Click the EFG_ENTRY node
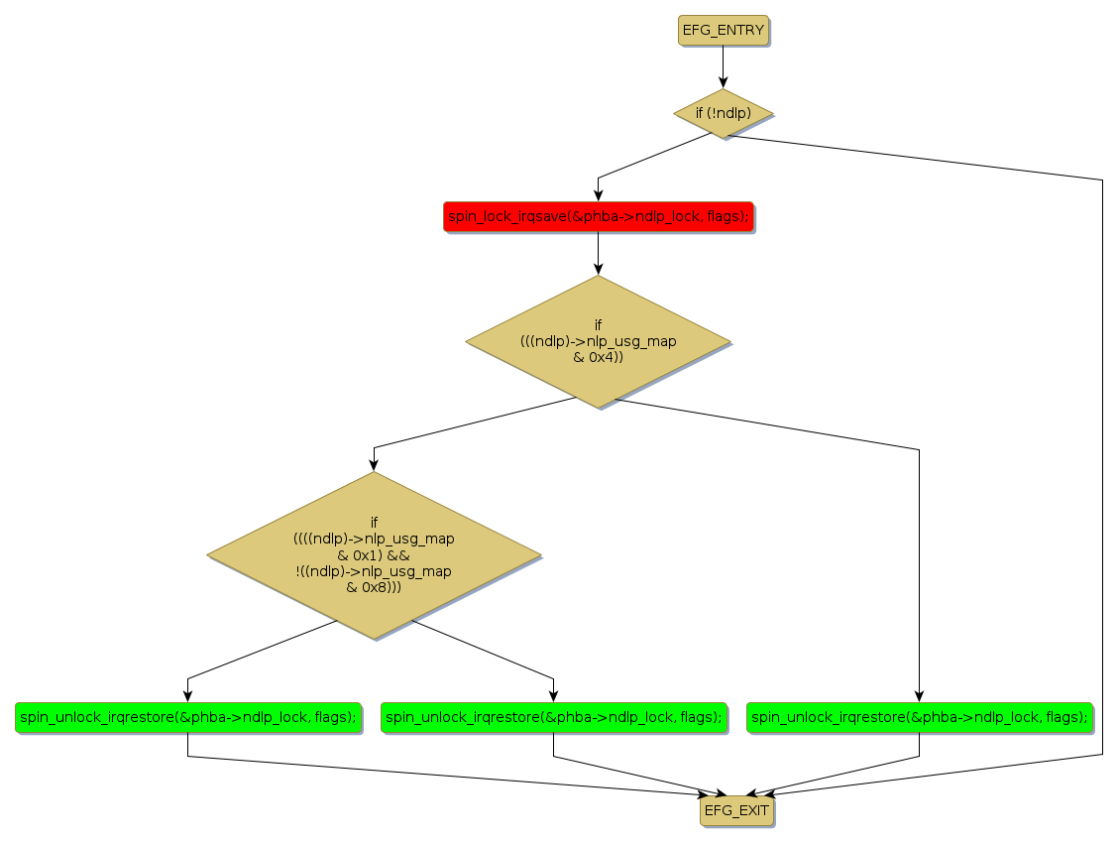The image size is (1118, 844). coord(724,30)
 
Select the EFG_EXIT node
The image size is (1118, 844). coord(736,811)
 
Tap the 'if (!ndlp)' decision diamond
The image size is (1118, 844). coord(723,113)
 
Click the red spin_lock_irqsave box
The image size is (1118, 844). coord(598,216)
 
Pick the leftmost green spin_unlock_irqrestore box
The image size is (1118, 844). coord(187,717)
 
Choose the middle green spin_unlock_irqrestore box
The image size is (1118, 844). coord(553,717)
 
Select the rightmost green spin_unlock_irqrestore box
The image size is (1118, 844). coord(920,717)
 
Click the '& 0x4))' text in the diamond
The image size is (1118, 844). coord(598,357)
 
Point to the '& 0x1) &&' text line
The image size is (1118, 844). coord(374,555)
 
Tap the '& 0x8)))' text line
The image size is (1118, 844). coord(374,587)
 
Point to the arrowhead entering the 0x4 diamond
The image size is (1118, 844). coord(598,268)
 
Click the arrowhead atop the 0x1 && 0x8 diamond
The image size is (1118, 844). coord(374,464)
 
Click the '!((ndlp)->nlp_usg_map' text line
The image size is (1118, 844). coord(374,571)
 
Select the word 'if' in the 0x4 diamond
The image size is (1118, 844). coord(598,324)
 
